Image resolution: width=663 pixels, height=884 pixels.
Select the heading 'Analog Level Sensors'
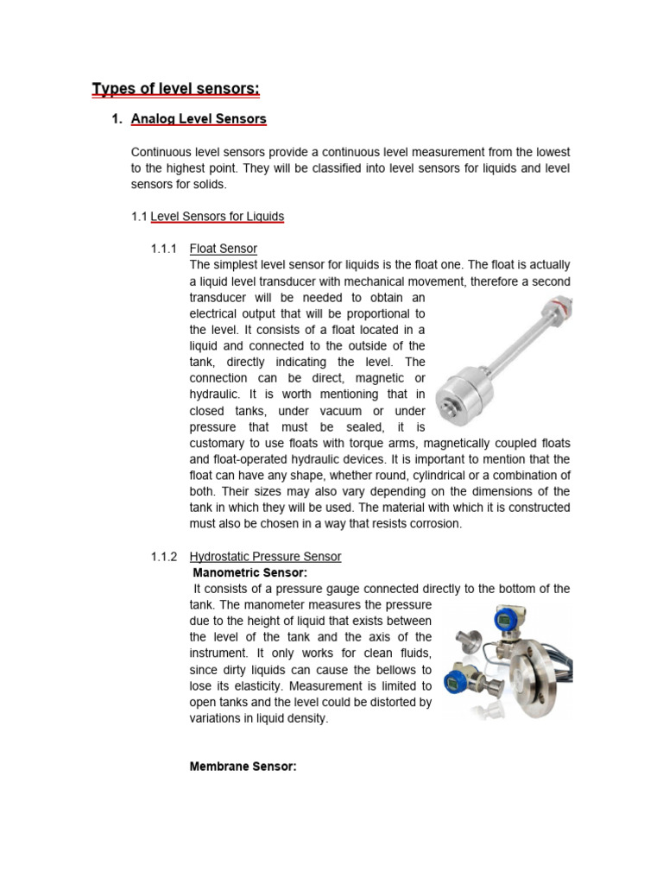(x=199, y=119)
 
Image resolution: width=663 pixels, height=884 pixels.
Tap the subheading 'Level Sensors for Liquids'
(x=218, y=217)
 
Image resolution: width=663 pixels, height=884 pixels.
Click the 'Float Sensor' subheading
(x=223, y=249)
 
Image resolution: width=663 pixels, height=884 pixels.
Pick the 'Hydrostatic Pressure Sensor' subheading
(x=265, y=557)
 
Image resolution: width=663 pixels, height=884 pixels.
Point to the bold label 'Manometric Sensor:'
(x=250, y=572)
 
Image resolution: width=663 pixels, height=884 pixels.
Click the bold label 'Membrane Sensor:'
(x=243, y=766)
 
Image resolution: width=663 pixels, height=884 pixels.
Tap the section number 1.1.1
(x=164, y=249)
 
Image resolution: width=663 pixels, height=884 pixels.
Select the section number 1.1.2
(x=164, y=557)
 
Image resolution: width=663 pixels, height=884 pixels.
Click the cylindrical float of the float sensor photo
(x=470, y=397)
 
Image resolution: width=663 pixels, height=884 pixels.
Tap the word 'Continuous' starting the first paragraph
(x=161, y=152)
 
